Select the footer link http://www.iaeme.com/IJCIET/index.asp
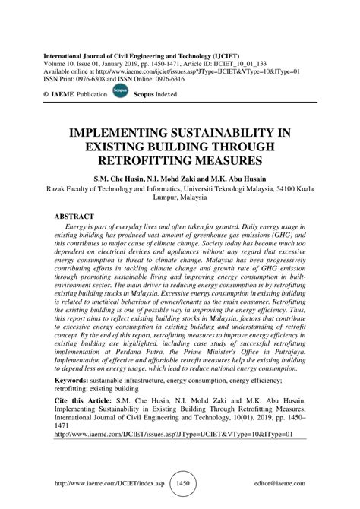tap(112, 482)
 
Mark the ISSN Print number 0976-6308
tap(99, 76)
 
